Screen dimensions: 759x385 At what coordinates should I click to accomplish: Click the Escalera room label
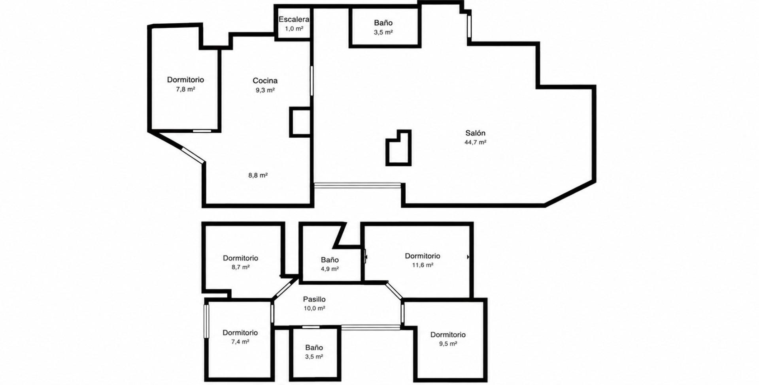tap(294, 19)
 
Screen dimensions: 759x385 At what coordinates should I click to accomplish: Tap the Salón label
tap(475, 133)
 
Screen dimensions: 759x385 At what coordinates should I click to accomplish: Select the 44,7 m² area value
tap(475, 143)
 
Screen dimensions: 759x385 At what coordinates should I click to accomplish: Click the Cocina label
tap(265, 81)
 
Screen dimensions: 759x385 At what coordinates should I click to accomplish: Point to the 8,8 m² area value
tap(258, 175)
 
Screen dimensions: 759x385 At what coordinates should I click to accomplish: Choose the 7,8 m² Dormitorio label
tap(185, 80)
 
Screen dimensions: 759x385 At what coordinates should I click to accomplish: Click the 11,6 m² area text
tap(423, 265)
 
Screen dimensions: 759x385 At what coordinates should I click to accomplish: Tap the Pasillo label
tap(314, 299)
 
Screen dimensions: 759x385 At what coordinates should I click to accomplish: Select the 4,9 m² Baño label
tap(330, 260)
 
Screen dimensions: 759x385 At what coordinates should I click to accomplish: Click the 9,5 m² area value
tap(447, 344)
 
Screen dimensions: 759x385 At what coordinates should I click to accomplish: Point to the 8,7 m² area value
tap(240, 267)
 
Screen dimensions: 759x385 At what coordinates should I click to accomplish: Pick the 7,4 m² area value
tap(240, 342)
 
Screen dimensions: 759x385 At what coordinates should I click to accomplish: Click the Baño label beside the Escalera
tap(383, 23)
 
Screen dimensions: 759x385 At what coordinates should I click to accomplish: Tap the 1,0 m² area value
tap(294, 29)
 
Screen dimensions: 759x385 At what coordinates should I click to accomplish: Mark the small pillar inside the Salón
tap(398, 148)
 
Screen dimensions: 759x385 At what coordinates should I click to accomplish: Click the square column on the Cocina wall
tap(300, 122)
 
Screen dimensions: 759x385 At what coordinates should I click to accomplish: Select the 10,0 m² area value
tap(314, 309)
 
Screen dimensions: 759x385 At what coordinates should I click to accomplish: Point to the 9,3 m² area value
tap(265, 90)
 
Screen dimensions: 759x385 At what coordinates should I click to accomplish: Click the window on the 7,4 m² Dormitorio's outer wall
tap(206, 321)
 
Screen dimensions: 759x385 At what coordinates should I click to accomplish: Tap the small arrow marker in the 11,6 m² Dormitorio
tap(468, 257)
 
